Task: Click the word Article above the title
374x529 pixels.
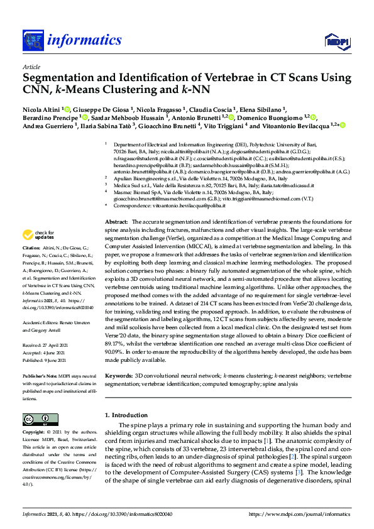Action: tap(31, 67)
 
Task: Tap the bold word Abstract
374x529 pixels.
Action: tap(116, 205)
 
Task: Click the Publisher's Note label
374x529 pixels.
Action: tap(40, 376)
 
